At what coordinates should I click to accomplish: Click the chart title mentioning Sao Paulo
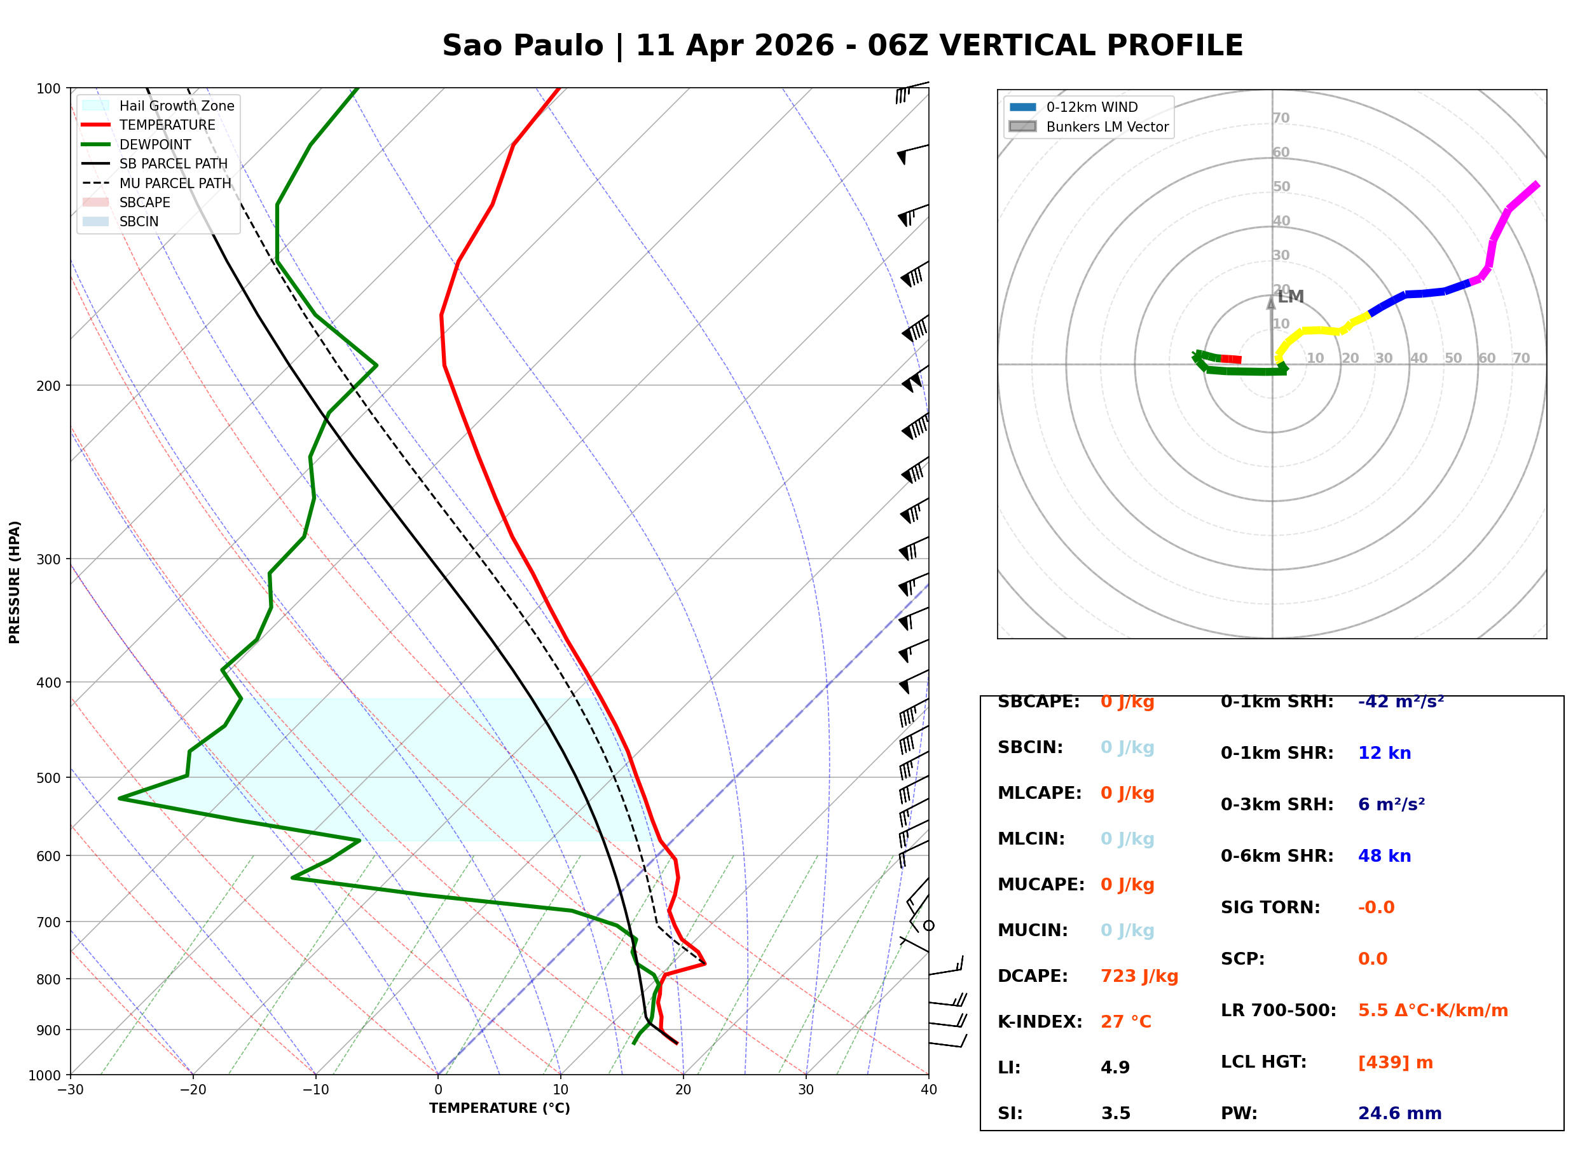coord(842,46)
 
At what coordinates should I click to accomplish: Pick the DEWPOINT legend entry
coord(155,144)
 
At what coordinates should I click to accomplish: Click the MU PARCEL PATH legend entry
coord(175,183)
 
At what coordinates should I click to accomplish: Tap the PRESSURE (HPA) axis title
coord(15,582)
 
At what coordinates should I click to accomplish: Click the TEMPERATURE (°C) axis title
coord(499,1109)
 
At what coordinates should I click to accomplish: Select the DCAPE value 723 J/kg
coord(1139,976)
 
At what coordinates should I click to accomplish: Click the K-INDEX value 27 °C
coord(1125,1022)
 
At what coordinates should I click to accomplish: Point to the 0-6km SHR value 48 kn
coord(1384,856)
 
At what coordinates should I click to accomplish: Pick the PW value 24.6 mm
coord(1399,1113)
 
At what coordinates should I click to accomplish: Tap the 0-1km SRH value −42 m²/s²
coord(1401,702)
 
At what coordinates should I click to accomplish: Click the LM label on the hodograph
coord(1291,297)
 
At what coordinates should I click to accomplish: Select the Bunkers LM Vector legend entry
coord(1106,126)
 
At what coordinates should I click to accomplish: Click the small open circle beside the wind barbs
coord(929,926)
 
